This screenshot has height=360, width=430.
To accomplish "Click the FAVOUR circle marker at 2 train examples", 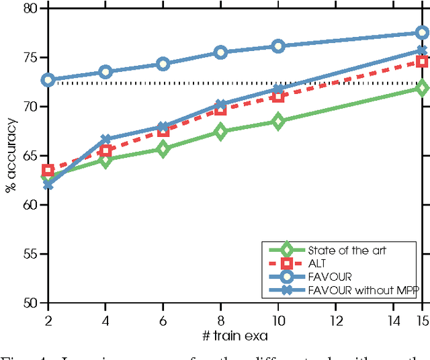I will pyautogui.click(x=48, y=80).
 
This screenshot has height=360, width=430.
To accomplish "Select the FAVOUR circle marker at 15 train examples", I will pyautogui.click(x=422, y=33).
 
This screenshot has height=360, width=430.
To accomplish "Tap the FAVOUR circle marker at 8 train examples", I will pyautogui.click(x=220, y=52).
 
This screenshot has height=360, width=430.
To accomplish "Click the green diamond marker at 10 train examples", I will pyautogui.click(x=278, y=122).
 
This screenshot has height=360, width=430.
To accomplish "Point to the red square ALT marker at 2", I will pyautogui.click(x=48, y=171).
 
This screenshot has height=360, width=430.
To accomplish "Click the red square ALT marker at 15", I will pyautogui.click(x=422, y=62).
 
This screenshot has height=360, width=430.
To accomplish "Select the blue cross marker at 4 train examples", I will pyautogui.click(x=105, y=140).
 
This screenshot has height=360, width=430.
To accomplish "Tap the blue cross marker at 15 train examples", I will pyautogui.click(x=422, y=50).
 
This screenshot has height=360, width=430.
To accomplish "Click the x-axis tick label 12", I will pyautogui.click(x=335, y=316).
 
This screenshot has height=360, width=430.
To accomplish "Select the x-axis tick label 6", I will pyautogui.click(x=163, y=316).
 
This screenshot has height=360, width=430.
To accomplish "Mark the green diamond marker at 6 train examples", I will pyautogui.click(x=163, y=149).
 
